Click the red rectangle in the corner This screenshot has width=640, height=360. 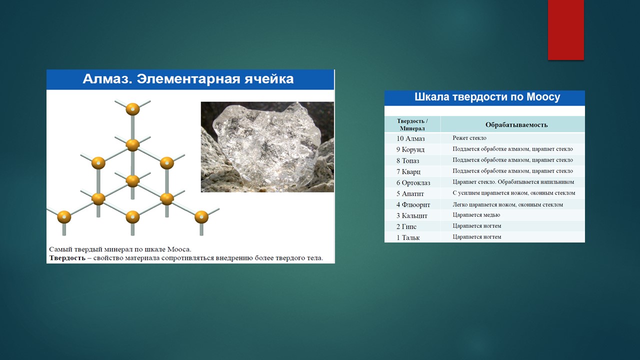pos(565,29)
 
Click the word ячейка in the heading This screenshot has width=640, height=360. pos(269,79)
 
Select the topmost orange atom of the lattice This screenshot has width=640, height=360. pos(132,109)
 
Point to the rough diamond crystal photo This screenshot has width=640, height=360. pos(267,147)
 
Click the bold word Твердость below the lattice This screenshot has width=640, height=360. pos(67,258)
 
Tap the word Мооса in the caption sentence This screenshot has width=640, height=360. pos(179,249)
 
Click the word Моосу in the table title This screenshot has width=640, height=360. pos(543,97)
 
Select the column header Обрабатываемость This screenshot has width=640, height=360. pos(516,124)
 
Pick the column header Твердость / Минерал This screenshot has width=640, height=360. pos(412,124)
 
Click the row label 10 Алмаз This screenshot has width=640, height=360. pos(410,138)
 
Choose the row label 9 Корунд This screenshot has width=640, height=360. pos(410,149)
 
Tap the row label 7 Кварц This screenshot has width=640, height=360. pos(408,171)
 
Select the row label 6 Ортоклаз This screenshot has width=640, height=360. pos(413,182)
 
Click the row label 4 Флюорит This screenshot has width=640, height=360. pos(413,204)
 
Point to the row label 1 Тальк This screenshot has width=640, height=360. pos(408,237)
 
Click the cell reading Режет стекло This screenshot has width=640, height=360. pos(469,138)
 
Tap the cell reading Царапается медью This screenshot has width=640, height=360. pos(476,215)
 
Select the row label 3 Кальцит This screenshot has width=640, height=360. pos(411,215)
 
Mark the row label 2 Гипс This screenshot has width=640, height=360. pos(406,226)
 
